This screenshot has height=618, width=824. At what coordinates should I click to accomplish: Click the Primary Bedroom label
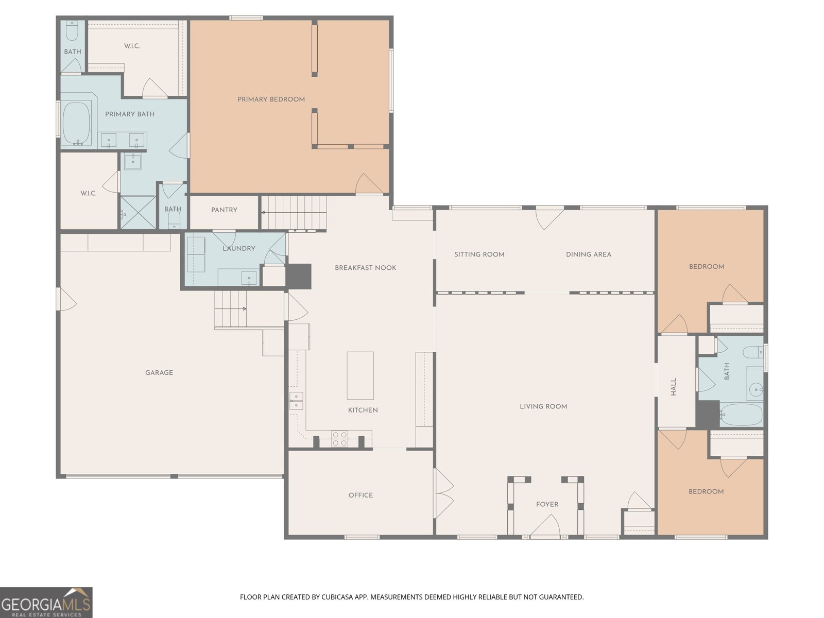tap(271, 99)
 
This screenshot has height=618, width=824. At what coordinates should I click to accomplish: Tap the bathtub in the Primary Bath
tap(77, 123)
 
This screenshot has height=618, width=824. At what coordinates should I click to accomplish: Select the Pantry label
tap(224, 210)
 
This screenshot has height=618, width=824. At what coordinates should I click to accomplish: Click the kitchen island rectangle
tap(360, 375)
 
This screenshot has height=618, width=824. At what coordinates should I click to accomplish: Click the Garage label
tap(159, 372)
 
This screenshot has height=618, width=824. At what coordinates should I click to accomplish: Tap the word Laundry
tap(239, 248)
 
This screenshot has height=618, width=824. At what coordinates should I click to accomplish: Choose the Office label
tap(361, 495)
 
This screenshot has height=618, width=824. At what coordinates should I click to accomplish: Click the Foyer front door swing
tap(545, 525)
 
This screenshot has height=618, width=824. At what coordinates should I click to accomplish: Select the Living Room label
tap(543, 406)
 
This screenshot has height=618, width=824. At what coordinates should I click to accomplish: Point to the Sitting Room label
tap(479, 254)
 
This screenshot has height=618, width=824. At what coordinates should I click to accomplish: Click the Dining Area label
tap(589, 254)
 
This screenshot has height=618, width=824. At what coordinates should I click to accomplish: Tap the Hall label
tap(674, 387)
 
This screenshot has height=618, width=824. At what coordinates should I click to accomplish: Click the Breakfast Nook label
tap(366, 268)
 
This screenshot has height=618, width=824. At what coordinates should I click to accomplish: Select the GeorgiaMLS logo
tap(46, 603)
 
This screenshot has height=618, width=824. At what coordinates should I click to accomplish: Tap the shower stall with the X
tap(138, 212)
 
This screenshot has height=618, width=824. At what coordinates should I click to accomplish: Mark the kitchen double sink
tap(296, 401)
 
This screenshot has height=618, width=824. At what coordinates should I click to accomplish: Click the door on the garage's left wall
tap(66, 299)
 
